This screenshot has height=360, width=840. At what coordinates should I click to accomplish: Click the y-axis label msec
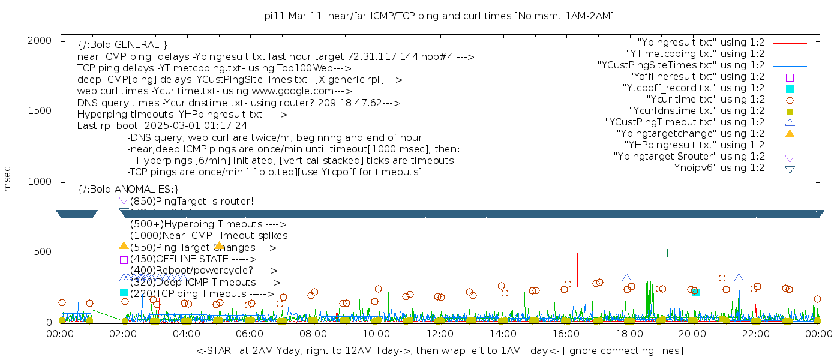7,179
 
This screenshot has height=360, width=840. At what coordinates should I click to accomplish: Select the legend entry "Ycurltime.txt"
705,100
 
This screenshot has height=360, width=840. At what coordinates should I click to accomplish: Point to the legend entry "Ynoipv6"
717,168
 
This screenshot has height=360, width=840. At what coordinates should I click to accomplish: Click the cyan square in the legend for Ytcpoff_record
790,89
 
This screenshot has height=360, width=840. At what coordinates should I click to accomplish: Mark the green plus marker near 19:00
667,253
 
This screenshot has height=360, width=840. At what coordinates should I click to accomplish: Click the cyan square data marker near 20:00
696,292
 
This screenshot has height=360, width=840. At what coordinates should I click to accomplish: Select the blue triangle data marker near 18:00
626,278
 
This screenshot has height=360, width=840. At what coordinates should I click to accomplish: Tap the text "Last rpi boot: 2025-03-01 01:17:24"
162,126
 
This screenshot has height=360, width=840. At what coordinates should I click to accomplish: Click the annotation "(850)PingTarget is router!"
191,201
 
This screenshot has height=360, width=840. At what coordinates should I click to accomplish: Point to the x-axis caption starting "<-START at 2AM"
439,350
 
